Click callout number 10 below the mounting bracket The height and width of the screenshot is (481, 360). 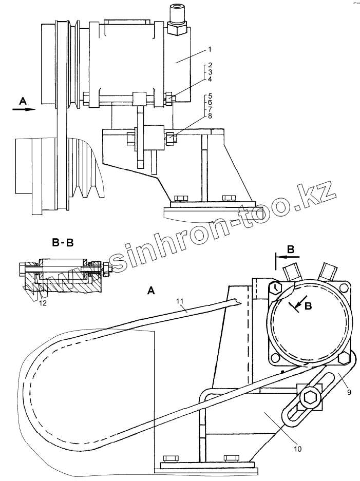[x=298, y=448]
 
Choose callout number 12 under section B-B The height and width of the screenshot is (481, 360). [x=43, y=303]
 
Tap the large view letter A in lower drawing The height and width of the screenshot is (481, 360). [x=151, y=291]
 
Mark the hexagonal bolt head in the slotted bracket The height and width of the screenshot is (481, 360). [x=310, y=398]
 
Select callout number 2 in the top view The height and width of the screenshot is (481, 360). [x=211, y=66]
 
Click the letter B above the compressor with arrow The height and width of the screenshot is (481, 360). [x=291, y=249]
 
